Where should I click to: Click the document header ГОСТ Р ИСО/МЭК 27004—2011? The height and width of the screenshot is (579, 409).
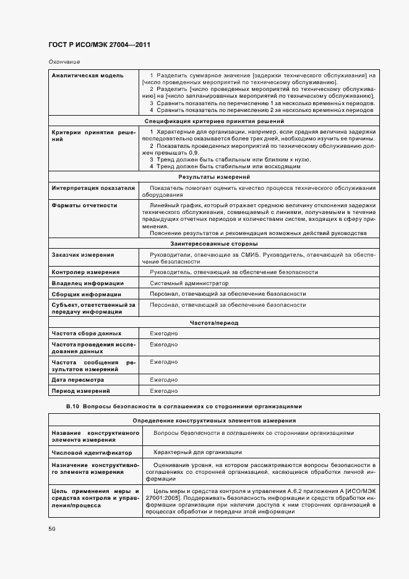[x=100, y=45]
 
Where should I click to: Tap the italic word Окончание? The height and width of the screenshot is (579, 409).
[x=64, y=62]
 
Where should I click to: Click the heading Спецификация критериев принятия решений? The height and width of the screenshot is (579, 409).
[x=214, y=121]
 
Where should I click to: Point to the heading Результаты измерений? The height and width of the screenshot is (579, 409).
[x=214, y=177]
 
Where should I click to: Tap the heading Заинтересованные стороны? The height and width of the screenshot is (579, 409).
[x=214, y=244]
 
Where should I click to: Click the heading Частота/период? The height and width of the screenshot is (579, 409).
[x=214, y=323]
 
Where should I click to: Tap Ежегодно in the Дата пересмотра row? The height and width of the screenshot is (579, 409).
[x=164, y=380]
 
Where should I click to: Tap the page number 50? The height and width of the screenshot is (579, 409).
[x=52, y=529]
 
